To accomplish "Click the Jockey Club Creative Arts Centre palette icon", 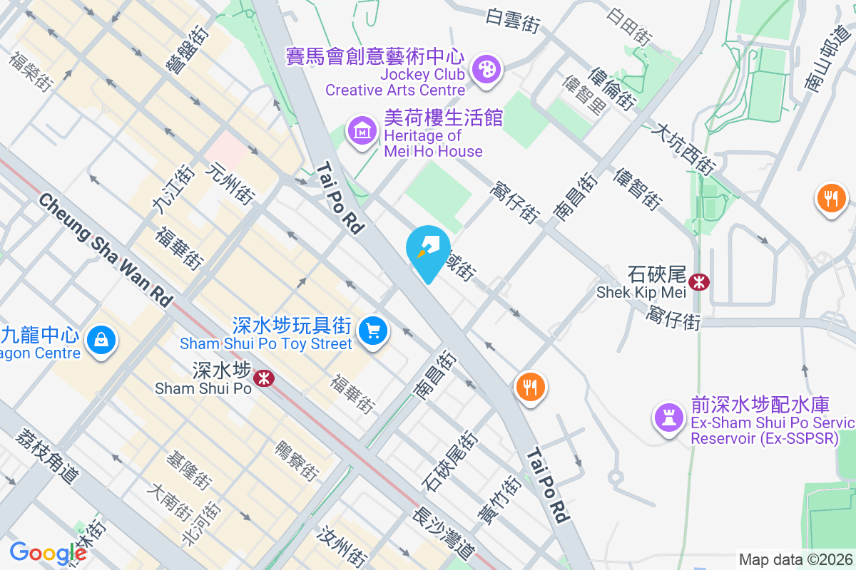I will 489,70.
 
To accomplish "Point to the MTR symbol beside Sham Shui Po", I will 264,378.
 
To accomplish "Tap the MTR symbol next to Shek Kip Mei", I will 699,281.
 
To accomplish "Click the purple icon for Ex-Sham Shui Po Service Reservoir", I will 668,417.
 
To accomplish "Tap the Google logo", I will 48,553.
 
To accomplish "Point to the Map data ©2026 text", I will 795,559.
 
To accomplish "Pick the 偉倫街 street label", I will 612,89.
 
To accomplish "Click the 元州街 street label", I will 230,183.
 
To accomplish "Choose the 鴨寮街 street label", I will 297,459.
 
